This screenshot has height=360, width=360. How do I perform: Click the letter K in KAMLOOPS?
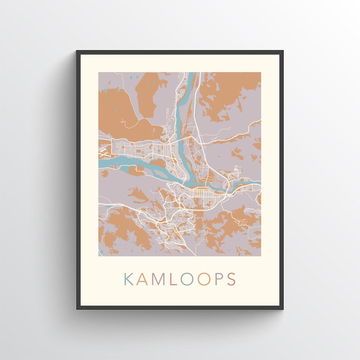(x=129, y=279)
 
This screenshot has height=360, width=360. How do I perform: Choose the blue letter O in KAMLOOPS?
(x=187, y=279)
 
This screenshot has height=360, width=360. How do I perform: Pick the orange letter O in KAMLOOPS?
(x=204, y=279)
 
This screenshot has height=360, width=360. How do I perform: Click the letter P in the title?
(x=219, y=279)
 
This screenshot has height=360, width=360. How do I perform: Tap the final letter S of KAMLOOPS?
(x=231, y=279)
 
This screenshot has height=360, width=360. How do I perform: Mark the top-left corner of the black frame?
(x=77, y=51)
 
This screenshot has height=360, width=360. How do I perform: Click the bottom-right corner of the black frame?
(x=283, y=309)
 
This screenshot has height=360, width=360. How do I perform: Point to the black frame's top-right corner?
(x=283, y=51)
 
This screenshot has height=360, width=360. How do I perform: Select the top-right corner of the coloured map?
(x=261, y=73)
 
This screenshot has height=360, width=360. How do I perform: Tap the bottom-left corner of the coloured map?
(x=99, y=256)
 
